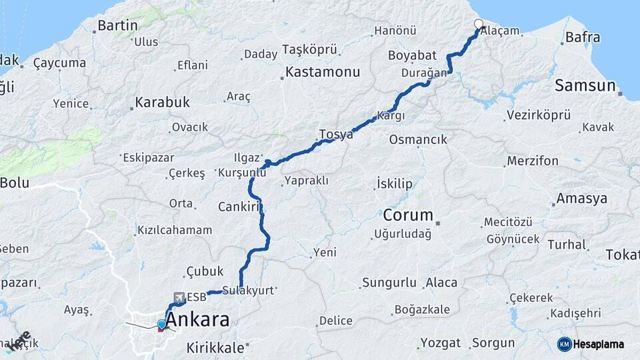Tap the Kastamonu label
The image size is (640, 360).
(323, 71)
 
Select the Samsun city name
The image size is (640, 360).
(585, 85)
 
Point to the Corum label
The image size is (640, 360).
(408, 215)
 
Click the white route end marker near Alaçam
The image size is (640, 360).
(479, 25)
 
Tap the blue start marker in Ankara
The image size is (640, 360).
(161, 324)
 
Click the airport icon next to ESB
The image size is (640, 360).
(179, 297)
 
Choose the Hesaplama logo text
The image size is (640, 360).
(599, 344)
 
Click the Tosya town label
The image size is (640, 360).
(336, 135)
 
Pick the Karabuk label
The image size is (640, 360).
(163, 103)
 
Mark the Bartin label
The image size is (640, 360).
(117, 26)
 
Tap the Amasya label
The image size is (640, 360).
(582, 199)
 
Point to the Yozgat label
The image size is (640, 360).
(440, 343)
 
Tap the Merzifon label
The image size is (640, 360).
(533, 161)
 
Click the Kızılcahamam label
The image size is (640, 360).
(175, 230)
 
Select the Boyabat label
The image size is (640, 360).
(412, 56)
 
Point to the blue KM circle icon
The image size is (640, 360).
(565, 344)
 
